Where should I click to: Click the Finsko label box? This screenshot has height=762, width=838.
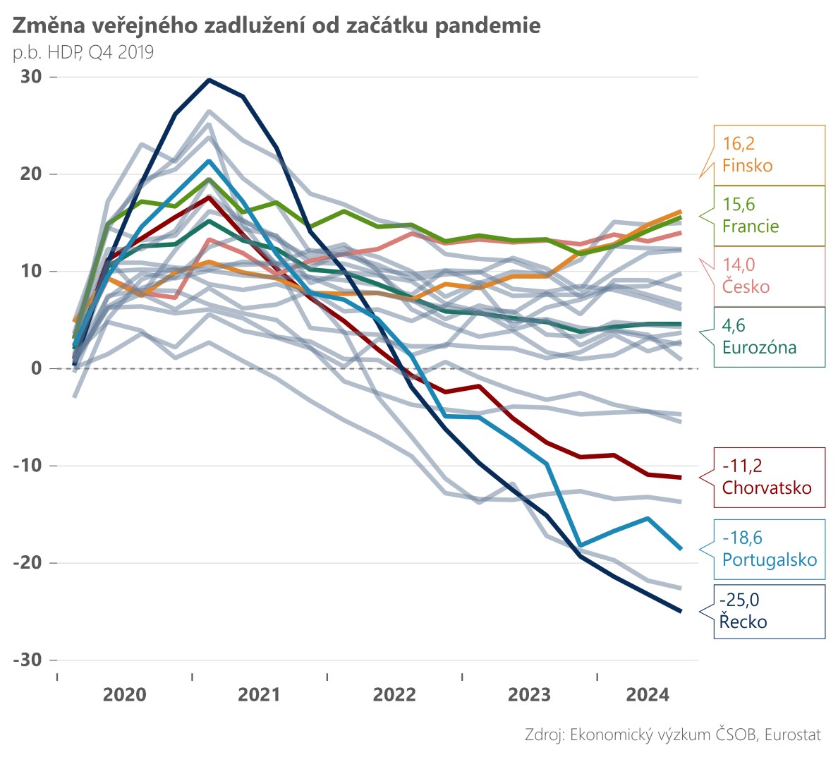click(x=769, y=155)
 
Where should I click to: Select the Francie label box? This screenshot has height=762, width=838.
click(x=769, y=216)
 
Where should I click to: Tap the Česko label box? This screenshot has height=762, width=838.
click(x=769, y=276)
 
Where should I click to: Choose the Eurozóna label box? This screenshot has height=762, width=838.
click(x=769, y=337)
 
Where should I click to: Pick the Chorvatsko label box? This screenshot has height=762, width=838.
click(x=769, y=477)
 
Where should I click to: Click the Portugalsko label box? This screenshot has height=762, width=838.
click(x=769, y=550)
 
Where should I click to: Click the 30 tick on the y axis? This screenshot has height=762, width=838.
click(x=31, y=77)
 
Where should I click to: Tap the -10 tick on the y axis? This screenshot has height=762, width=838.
click(x=28, y=466)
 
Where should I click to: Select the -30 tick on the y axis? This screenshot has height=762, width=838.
click(x=28, y=660)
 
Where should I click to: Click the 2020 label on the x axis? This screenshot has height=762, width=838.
click(x=124, y=695)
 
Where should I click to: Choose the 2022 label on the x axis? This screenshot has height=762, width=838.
click(x=394, y=695)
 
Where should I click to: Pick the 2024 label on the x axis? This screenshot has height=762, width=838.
click(x=648, y=695)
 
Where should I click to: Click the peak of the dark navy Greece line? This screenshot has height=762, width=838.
click(x=209, y=80)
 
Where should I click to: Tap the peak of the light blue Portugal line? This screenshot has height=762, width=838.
click(x=209, y=161)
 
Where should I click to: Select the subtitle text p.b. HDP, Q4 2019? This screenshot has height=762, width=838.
click(x=83, y=52)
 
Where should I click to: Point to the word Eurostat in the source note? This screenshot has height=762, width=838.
click(x=793, y=734)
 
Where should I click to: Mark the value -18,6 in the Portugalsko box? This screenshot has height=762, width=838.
click(x=742, y=538)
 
